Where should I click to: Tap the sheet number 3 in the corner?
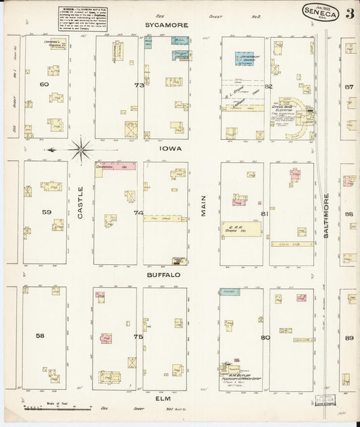coord(349,14)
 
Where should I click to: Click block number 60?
coord(45,84)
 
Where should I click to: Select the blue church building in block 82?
coord(246,59)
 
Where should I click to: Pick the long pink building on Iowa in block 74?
coord(115,166)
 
